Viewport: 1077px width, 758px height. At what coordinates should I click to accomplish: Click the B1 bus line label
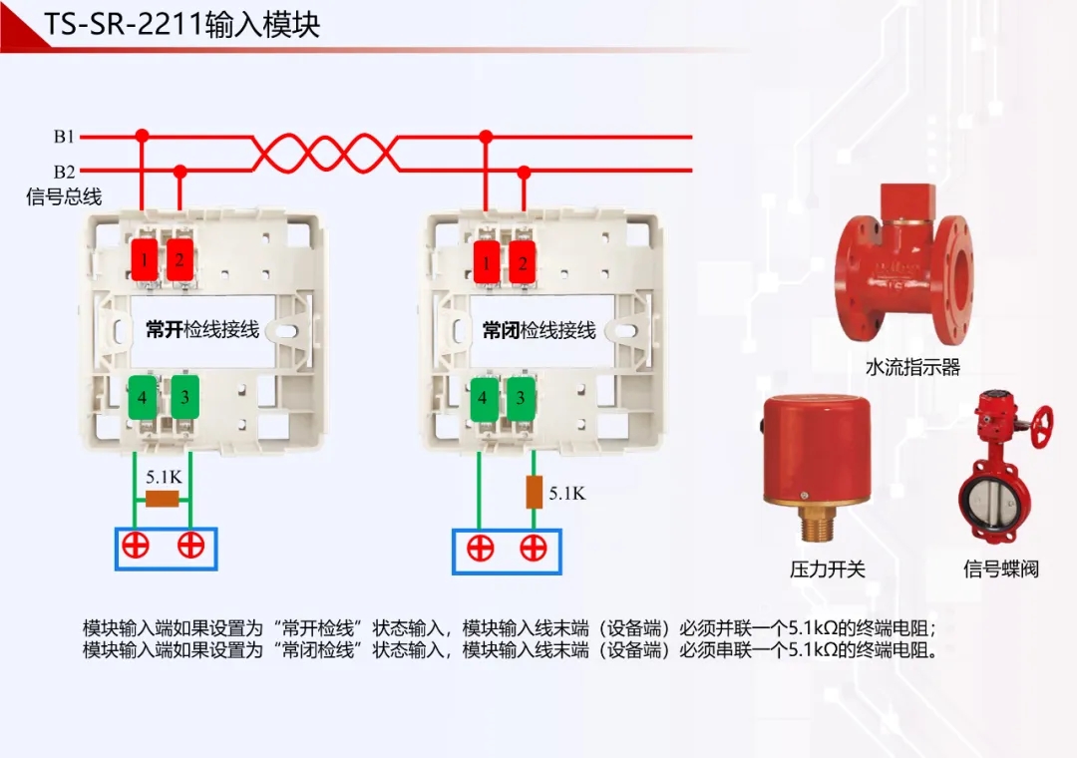pyautogui.click(x=64, y=137)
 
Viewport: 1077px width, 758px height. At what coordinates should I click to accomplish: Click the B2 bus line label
pyautogui.click(x=64, y=172)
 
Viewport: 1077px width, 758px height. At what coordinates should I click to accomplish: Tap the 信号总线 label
pyautogui.click(x=64, y=196)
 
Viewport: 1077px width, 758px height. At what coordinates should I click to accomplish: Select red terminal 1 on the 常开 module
pyautogui.click(x=145, y=261)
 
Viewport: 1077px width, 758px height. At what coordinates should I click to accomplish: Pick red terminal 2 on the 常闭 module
pyautogui.click(x=521, y=264)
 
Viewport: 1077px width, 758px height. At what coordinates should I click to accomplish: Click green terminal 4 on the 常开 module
pyautogui.click(x=143, y=397)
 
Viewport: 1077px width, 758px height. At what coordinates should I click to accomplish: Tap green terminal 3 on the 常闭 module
pyautogui.click(x=520, y=397)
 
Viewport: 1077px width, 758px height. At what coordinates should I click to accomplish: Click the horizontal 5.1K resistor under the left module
pyautogui.click(x=162, y=499)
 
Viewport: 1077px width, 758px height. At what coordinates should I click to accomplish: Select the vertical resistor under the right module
pyautogui.click(x=534, y=492)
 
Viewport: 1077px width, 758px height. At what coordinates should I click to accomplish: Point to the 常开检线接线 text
pyautogui.click(x=202, y=329)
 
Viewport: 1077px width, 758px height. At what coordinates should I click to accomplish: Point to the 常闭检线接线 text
pyautogui.click(x=539, y=330)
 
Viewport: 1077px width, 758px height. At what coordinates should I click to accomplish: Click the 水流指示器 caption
pyautogui.click(x=912, y=367)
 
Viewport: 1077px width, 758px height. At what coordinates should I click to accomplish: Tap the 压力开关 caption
pyautogui.click(x=828, y=569)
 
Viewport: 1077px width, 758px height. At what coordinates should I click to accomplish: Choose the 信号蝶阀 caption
pyautogui.click(x=1001, y=569)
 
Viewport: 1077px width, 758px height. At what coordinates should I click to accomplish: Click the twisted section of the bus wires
pyautogui.click(x=325, y=154)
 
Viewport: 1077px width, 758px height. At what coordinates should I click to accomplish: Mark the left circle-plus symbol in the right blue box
pyautogui.click(x=481, y=548)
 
